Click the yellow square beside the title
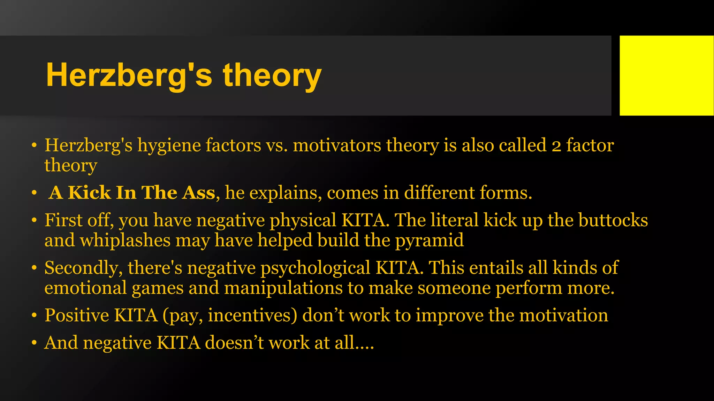click(x=667, y=76)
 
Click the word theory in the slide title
click(x=272, y=76)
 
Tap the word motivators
click(x=337, y=146)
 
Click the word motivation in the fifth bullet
click(x=564, y=315)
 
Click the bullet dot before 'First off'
click(x=34, y=221)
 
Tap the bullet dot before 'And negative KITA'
click(x=34, y=343)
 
